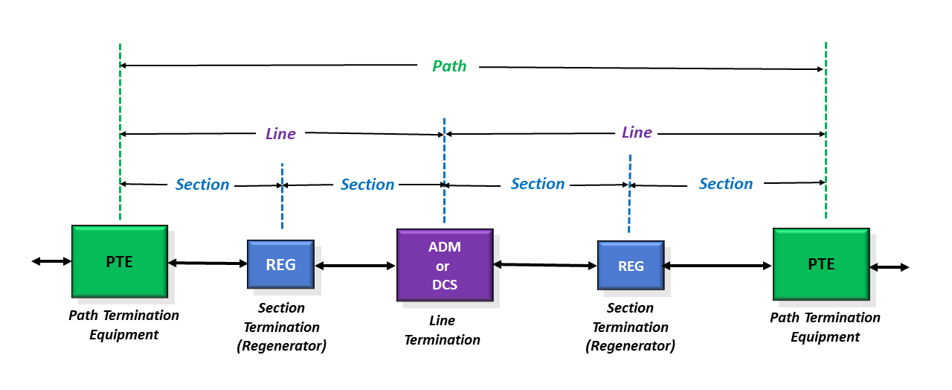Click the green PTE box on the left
click(x=120, y=261)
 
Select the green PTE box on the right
click(x=821, y=264)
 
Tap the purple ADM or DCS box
click(x=445, y=265)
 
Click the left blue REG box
click(x=281, y=264)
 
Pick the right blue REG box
click(x=631, y=266)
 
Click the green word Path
click(x=449, y=66)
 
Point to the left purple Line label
click(x=280, y=133)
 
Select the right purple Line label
click(x=637, y=132)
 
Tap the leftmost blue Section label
click(x=202, y=184)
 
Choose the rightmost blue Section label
click(x=726, y=183)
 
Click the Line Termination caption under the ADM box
click(x=443, y=330)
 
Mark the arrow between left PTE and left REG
click(x=208, y=263)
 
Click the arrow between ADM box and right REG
click(x=545, y=265)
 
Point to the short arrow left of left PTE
click(x=51, y=261)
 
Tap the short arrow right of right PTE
click(x=890, y=267)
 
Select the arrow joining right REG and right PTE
click(x=718, y=266)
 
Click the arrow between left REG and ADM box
click(x=356, y=266)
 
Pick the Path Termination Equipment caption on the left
click(x=123, y=325)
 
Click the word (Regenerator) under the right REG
click(x=630, y=346)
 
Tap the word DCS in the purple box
click(x=445, y=284)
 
